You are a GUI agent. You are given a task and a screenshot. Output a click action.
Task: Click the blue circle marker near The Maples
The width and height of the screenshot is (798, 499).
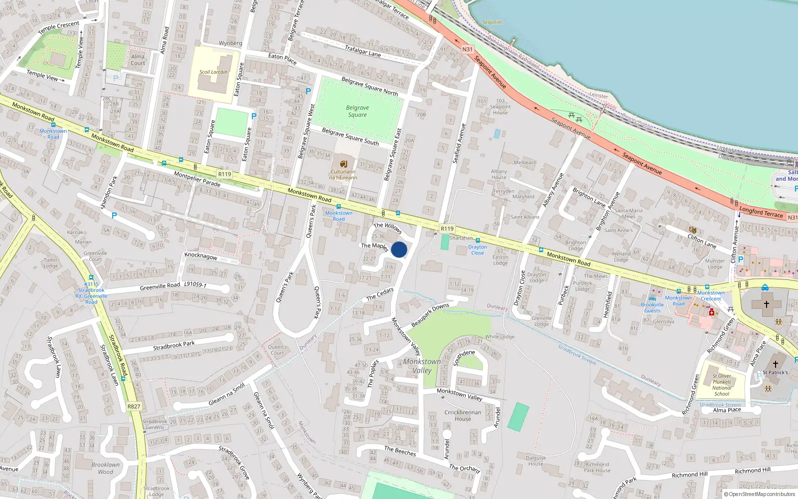tap(399, 249)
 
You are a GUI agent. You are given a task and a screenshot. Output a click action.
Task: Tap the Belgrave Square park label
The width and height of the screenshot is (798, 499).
tap(357, 111)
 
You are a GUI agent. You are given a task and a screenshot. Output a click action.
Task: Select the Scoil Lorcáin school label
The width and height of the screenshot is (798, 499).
tap(213, 72)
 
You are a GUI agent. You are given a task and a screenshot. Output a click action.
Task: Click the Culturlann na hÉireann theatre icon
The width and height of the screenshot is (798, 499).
tap(343, 164)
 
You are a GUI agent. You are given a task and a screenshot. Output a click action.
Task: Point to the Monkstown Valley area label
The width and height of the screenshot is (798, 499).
tap(422, 366)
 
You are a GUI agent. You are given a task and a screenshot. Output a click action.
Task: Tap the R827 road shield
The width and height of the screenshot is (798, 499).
tap(134, 406)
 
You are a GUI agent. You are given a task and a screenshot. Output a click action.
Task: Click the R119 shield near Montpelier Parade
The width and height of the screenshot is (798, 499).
tap(224, 174)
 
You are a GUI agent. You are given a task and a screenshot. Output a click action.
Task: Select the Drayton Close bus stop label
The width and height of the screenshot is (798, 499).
tap(477, 250)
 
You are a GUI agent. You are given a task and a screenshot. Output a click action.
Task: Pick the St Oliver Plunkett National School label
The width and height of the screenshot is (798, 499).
tap(722, 385)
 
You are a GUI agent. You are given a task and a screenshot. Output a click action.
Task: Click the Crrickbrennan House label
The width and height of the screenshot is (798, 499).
tap(463, 416)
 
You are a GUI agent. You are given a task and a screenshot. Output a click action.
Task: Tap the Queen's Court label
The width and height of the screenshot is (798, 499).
tap(277, 350)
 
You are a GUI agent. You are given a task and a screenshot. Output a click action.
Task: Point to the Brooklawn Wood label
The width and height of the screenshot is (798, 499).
tap(105, 468)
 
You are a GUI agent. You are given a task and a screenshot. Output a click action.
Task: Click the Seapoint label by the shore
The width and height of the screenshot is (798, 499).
tap(492, 22)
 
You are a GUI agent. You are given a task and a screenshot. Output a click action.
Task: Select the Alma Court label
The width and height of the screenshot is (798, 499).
tap(138, 60)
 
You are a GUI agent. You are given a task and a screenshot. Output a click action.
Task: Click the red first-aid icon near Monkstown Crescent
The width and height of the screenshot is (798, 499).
tap(712, 312)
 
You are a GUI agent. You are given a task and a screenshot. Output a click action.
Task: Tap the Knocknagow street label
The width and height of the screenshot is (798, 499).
tap(201, 255)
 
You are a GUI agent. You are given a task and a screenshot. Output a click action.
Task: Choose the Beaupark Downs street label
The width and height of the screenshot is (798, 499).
tap(430, 315)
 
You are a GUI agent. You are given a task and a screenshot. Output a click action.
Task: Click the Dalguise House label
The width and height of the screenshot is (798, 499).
tap(536, 461)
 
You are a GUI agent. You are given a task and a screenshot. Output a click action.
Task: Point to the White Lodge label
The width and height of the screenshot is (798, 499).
tap(500, 337)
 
